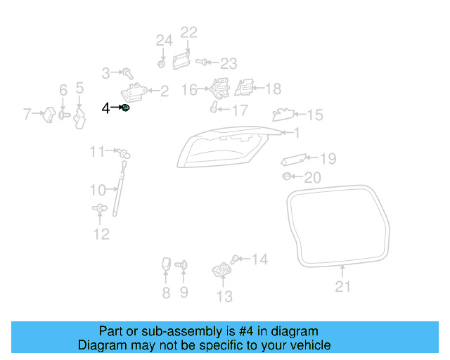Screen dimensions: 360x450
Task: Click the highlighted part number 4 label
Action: click(105, 108)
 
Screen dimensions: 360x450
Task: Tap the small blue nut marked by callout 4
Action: click(126, 108)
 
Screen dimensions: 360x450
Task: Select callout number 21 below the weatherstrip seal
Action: click(342, 286)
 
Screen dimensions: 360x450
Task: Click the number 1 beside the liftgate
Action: click(297, 132)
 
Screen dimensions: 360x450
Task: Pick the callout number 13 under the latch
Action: click(224, 297)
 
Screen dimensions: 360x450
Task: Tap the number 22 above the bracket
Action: click(189, 32)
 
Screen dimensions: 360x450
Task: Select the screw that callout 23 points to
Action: click(202, 63)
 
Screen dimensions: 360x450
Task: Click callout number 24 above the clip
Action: click(164, 41)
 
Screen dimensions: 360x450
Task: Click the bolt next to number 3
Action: click(128, 72)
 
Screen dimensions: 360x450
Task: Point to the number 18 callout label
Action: click(272, 89)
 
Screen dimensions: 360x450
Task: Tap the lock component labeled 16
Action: click(219, 88)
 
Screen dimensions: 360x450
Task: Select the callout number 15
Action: click(314, 115)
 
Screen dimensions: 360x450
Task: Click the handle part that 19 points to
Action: click(293, 160)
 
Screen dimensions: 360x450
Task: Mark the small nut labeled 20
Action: click(288, 175)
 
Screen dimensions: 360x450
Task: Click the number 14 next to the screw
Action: click(259, 260)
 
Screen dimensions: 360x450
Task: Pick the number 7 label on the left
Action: click(27, 113)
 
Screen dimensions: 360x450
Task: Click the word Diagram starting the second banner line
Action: click(101, 345)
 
